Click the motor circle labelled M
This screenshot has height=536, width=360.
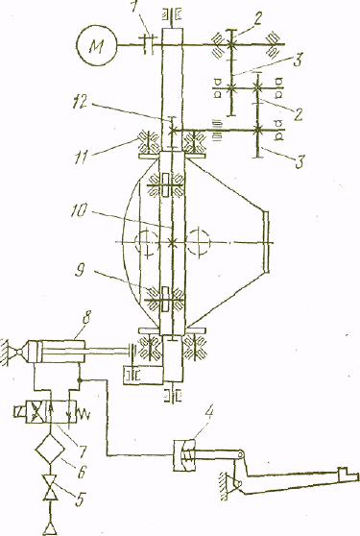pyautogui.click(x=97, y=45)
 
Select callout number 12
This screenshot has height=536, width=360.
pyautogui.click(x=82, y=103)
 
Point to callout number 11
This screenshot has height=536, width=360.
pyautogui.click(x=82, y=158)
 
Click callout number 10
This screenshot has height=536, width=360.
pyautogui.click(x=80, y=211)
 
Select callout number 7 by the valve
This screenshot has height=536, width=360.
pyautogui.click(x=82, y=450)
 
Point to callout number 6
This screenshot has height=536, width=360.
pyautogui.click(x=81, y=471)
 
